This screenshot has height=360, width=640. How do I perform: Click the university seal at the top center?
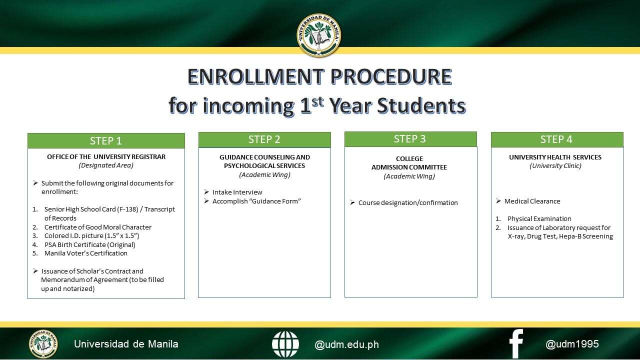pyautogui.click(x=319, y=35)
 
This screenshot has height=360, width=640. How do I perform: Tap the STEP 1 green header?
pyautogui.click(x=106, y=141)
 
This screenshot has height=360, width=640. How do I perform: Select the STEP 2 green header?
pyautogui.click(x=264, y=139)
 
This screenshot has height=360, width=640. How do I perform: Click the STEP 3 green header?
pyautogui.click(x=410, y=139)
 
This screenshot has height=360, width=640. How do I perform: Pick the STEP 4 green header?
pyautogui.click(x=556, y=139)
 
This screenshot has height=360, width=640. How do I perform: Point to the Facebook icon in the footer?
pyautogui.click(x=516, y=344)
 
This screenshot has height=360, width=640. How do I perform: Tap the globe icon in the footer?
pyautogui.click(x=285, y=344)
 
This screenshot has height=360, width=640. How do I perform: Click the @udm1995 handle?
pyautogui.click(x=572, y=344)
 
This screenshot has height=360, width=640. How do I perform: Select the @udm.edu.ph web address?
pyautogui.click(x=346, y=344)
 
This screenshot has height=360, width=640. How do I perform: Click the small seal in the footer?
pyautogui.click(x=43, y=344)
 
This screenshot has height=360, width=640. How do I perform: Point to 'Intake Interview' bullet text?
pyautogui.click(x=237, y=192)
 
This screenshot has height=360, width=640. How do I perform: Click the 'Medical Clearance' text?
pyautogui.click(x=532, y=201)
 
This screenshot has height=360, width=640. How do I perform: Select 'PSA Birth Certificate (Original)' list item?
pyautogui.click(x=89, y=244)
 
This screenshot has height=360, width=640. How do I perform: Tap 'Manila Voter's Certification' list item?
pyautogui.click(x=85, y=253)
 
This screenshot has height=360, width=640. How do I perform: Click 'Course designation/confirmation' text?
pyautogui.click(x=408, y=202)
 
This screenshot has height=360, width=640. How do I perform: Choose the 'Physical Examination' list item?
pyautogui.click(x=539, y=218)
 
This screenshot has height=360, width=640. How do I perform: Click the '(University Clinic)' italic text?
pyautogui.click(x=555, y=165)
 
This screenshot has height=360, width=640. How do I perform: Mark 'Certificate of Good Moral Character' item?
pyautogui.click(x=97, y=227)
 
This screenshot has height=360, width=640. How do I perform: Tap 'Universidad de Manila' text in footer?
pyautogui.click(x=126, y=344)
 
